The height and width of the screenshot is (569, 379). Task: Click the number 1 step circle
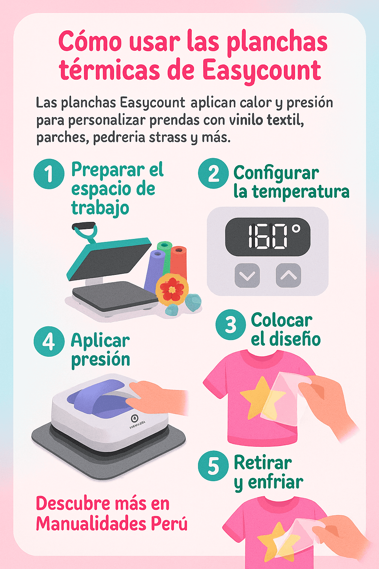pyautogui.click(x=49, y=174)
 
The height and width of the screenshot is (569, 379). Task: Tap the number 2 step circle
pyautogui.click(x=213, y=173)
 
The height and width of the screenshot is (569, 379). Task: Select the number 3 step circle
pyautogui.click(x=231, y=325)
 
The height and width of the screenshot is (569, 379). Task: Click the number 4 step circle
pyautogui.click(x=49, y=341)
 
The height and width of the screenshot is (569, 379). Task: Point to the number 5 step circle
pyautogui.click(x=213, y=466)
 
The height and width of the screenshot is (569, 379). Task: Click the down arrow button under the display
pyautogui.click(x=247, y=275)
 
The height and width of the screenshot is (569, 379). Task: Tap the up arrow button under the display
pyautogui.click(x=288, y=275)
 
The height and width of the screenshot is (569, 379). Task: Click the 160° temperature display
pyautogui.click(x=268, y=237)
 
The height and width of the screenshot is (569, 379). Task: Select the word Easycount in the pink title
pyautogui.click(x=262, y=70)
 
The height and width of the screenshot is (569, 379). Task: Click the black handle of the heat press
pyautogui.click(x=83, y=226)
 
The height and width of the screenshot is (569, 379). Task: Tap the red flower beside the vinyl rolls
pyautogui.click(x=171, y=289)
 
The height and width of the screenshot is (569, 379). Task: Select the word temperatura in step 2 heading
pyautogui.click(x=301, y=192)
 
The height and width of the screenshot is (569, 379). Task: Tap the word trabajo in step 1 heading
pyautogui.click(x=100, y=208)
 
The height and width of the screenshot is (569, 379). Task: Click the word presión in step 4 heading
pyautogui.click(x=100, y=359)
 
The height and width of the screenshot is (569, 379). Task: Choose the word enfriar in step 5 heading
pyautogui.click(x=275, y=482)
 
